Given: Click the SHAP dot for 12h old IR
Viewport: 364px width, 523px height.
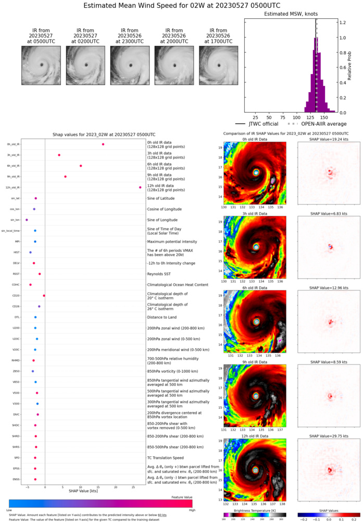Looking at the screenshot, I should coord(140,188).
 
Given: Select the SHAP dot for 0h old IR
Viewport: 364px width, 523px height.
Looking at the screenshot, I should coord(103,144).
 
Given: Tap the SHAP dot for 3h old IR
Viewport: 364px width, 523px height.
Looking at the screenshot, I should coord(59,155).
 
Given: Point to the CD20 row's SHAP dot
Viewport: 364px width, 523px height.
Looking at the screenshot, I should coord(44,296).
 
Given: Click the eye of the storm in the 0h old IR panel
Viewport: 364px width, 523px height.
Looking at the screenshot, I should coord(256,172).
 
